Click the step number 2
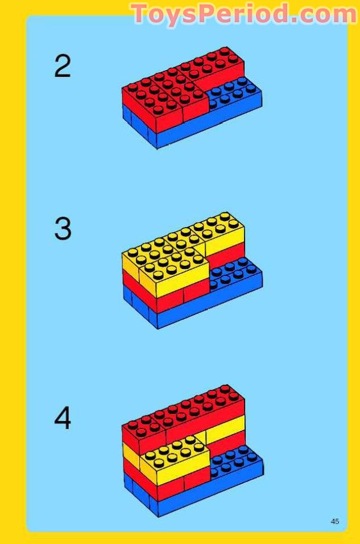click(63, 67)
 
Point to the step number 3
click(63, 229)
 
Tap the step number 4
click(63, 419)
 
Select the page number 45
click(335, 521)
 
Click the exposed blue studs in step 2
click(233, 93)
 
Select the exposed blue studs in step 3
click(234, 271)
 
